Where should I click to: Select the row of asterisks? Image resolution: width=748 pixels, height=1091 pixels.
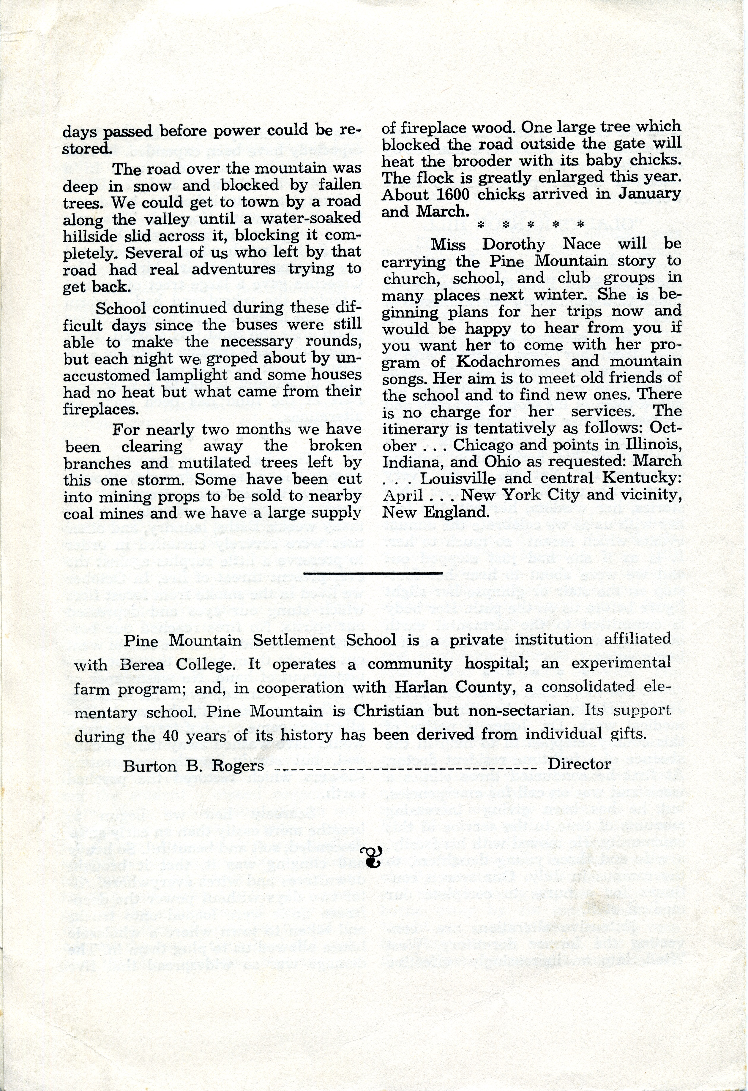point(530,225)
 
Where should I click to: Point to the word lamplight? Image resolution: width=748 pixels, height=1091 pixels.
point(176,376)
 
